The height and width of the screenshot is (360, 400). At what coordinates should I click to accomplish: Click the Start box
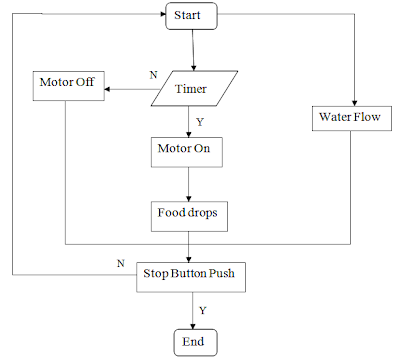coord(187,17)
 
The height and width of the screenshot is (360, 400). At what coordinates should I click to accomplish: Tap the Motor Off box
coord(66,82)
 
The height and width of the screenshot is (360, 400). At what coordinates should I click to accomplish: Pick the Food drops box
coord(186,213)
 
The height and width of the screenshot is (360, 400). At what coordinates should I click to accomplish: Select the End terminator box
coord(191,342)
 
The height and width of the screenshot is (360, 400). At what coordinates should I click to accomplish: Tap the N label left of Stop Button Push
coord(120,262)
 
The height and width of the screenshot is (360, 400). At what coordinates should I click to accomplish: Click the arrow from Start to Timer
coord(189,50)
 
